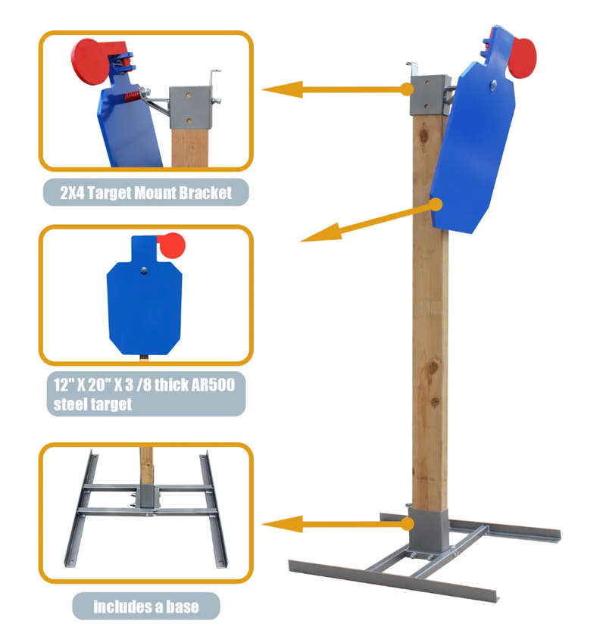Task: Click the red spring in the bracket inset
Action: coord(133,96)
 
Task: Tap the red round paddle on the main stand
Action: coord(523,58)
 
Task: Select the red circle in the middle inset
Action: coord(172,245)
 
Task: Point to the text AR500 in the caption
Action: coord(213,385)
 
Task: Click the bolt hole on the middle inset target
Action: coord(144,271)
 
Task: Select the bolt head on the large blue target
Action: coord(493,85)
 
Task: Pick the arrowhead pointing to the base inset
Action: coord(282,525)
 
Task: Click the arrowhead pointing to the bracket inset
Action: coord(282,89)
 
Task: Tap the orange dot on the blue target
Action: coord(436,205)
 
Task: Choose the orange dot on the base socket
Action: coord(408,524)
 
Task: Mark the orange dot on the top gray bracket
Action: coord(408,89)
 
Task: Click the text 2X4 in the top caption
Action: coord(72,193)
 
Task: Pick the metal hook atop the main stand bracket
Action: coord(413,68)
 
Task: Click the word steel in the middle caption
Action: coord(70,404)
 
